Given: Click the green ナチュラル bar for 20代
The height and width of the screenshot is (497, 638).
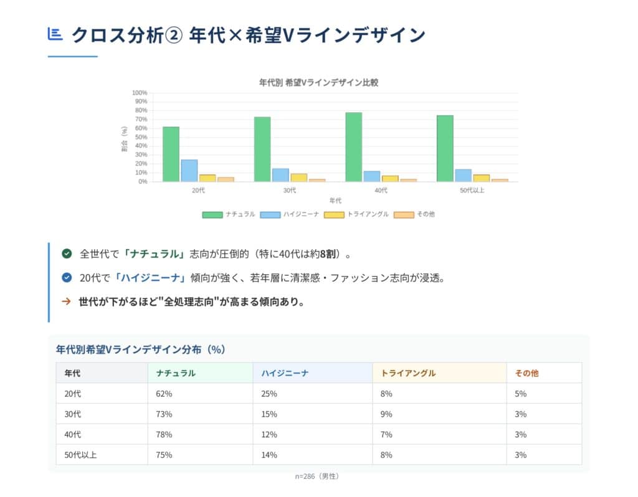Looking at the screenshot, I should click(x=171, y=154).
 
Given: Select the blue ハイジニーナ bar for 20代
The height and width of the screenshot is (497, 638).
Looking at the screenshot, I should click(x=189, y=171).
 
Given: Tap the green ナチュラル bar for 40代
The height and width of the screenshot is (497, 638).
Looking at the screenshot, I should click(x=353, y=147).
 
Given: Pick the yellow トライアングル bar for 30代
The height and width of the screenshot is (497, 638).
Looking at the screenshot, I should click(x=298, y=177).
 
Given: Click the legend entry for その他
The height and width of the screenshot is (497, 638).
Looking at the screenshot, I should click(x=414, y=214).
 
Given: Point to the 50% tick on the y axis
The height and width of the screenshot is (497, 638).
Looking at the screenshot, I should click(x=140, y=137).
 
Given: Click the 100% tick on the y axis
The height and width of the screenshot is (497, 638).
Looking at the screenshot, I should click(x=139, y=93).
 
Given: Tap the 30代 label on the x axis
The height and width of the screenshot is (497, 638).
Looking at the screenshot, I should click(x=290, y=191).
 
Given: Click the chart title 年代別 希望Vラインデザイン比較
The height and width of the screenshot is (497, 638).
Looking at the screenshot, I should click(x=318, y=82).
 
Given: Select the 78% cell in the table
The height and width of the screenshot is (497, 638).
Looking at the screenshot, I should click(x=164, y=434).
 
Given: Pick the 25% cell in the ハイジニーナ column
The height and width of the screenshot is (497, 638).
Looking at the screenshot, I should click(x=269, y=394).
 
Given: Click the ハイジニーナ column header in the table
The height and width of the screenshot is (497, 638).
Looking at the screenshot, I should click(x=285, y=373).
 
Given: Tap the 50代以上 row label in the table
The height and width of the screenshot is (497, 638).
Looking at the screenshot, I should click(x=80, y=455).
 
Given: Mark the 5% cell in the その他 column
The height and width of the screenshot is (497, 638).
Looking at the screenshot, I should click(x=521, y=394).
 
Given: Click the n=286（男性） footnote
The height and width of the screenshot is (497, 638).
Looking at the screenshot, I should click(x=318, y=476).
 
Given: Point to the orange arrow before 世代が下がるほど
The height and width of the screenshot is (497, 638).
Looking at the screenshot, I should click(x=66, y=302).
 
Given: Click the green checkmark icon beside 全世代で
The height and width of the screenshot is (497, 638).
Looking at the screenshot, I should click(x=67, y=253).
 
